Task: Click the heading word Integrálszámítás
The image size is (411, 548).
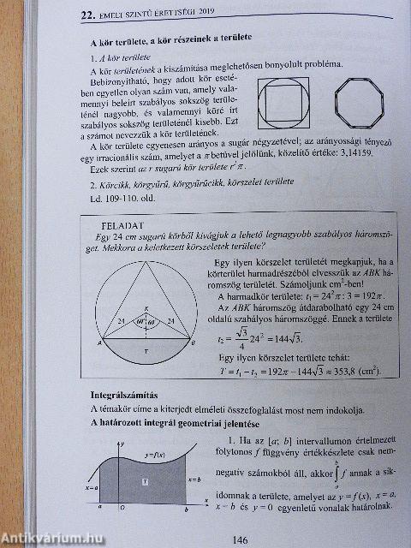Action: [126, 395]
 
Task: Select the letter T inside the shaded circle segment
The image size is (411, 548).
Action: [146, 351]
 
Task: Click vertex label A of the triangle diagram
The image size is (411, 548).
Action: [102, 342]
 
